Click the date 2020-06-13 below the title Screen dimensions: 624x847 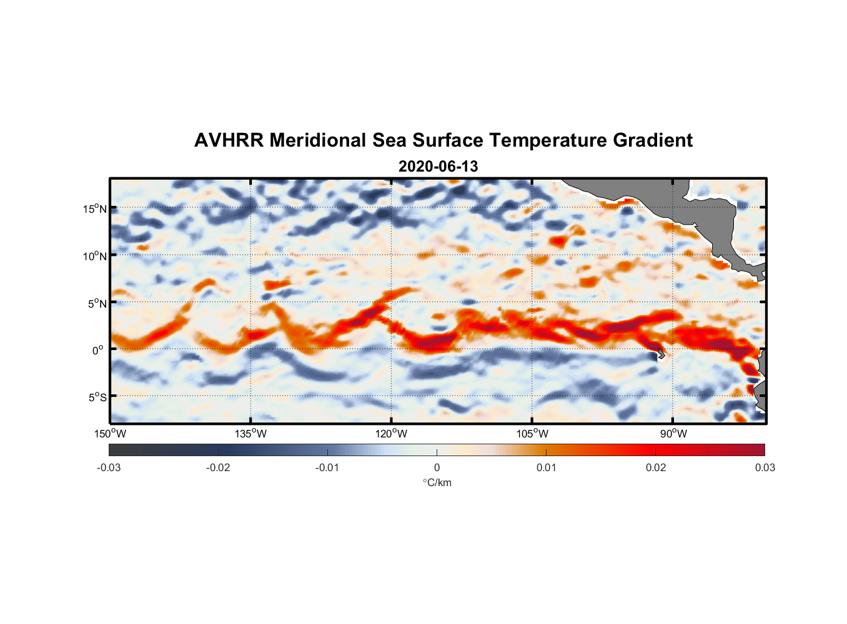click(x=438, y=167)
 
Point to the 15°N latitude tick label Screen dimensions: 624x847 click(x=95, y=208)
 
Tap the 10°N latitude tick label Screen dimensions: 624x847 click(x=95, y=256)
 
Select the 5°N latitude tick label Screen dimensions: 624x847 click(x=97, y=303)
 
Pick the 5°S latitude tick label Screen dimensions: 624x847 click(x=97, y=397)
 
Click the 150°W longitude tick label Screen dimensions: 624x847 click(x=111, y=434)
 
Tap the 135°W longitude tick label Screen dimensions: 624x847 click(x=251, y=434)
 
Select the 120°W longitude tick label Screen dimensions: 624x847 click(x=392, y=434)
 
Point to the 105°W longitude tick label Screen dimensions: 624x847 click(x=532, y=434)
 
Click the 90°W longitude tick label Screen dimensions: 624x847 click(x=673, y=434)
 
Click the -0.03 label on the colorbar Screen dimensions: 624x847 click(x=109, y=467)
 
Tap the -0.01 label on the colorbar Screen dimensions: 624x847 click(x=327, y=467)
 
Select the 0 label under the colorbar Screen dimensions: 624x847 click(x=437, y=467)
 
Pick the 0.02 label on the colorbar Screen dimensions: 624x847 click(x=656, y=467)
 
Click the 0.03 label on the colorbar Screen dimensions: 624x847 click(x=765, y=467)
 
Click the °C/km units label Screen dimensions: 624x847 click(x=437, y=482)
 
